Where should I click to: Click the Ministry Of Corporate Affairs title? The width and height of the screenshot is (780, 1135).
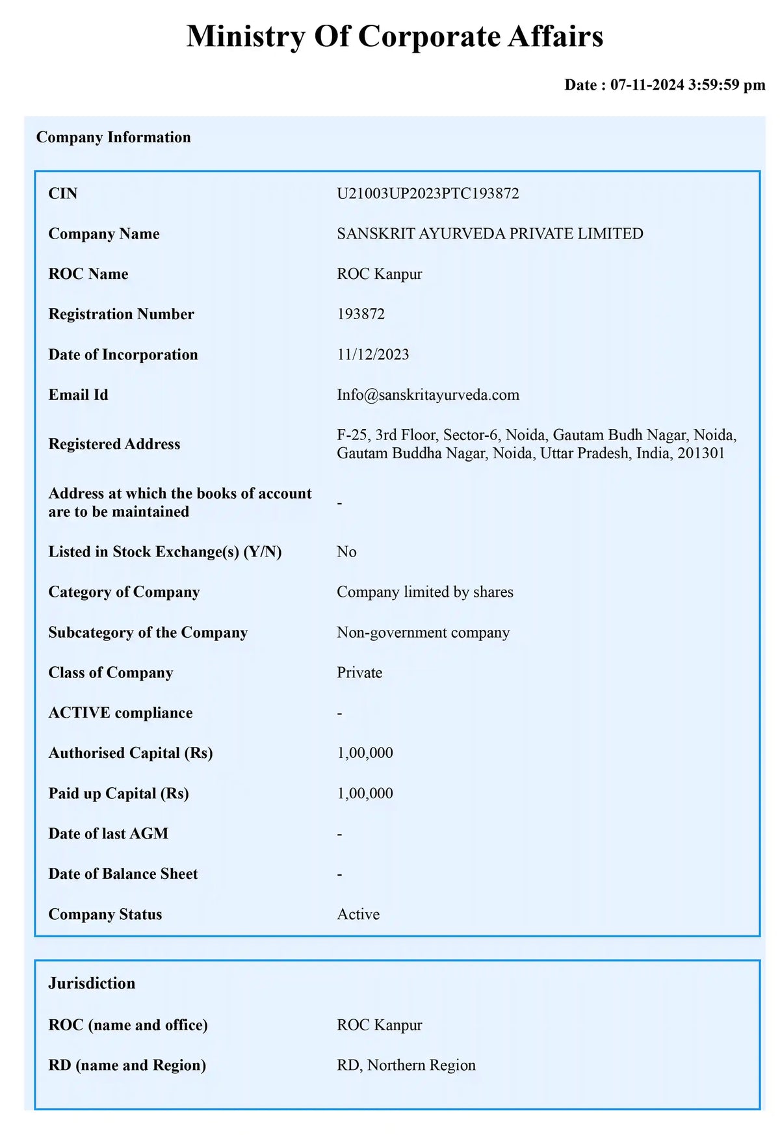point(395,36)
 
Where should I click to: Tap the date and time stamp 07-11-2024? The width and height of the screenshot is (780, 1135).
point(664,85)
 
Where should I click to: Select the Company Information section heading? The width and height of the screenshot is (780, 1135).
point(114,137)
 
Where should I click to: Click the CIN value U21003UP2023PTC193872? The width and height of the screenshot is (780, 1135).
point(428,194)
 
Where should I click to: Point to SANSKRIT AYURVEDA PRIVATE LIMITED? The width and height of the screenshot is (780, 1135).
point(489,234)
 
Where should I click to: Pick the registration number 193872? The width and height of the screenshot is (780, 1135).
point(361,315)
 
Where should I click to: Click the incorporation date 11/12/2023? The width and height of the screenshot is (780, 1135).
point(372,355)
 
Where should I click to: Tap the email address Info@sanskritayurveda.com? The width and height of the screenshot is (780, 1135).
point(428,395)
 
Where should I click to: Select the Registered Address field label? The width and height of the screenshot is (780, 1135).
point(114,445)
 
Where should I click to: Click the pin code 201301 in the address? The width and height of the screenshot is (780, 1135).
point(701,454)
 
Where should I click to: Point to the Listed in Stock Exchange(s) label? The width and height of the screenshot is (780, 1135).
point(165,553)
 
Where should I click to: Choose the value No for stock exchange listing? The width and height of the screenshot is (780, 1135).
point(346,553)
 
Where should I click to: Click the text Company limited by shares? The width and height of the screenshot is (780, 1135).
point(424,592)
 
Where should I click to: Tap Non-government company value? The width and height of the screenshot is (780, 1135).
point(423,633)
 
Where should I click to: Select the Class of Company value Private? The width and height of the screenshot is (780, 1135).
point(359,673)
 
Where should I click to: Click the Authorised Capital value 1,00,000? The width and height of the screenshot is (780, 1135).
point(365,753)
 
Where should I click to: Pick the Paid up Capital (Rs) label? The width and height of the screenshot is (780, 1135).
point(119,794)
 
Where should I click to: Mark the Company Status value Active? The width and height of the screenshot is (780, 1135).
point(358,915)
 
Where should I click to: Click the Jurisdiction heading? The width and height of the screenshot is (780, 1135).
point(92,984)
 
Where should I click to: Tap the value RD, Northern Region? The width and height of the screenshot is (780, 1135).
point(406,1065)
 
